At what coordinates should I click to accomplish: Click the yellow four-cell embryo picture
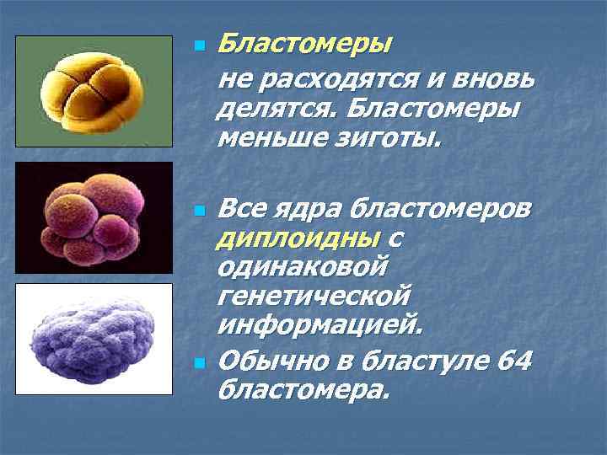tap(94, 92)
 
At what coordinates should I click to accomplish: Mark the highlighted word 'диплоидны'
tap(298, 238)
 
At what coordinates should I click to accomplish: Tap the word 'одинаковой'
tap(303, 267)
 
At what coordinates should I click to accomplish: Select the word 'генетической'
tap(314, 296)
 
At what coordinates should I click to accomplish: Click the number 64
tap(513, 362)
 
